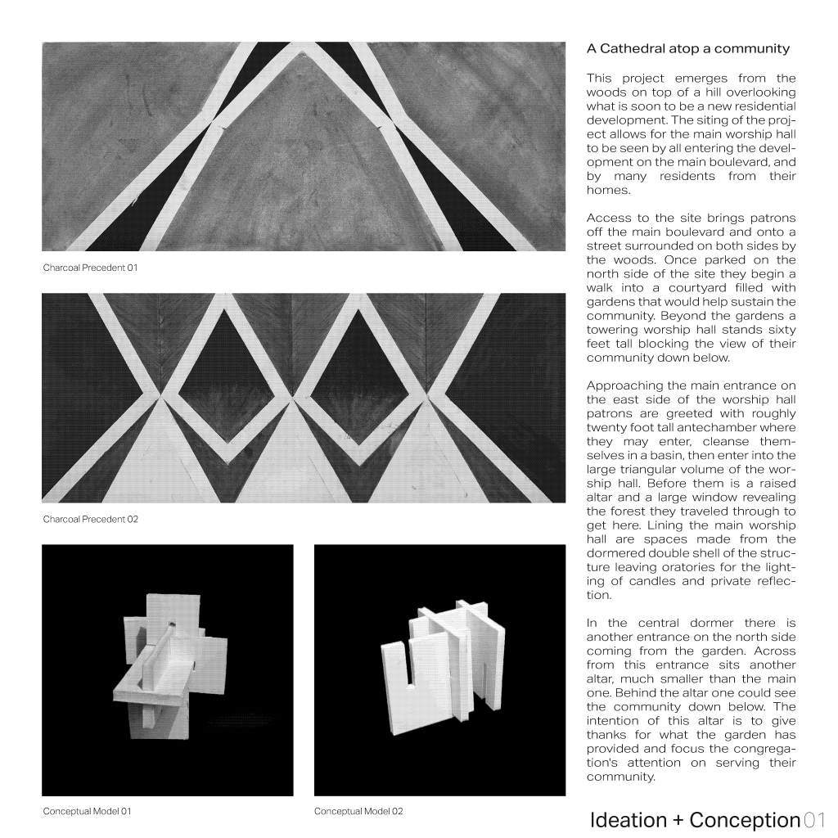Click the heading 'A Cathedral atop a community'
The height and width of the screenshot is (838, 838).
click(x=687, y=48)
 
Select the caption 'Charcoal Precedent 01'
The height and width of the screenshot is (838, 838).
click(x=90, y=268)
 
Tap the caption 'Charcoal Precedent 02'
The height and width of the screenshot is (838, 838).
click(x=90, y=519)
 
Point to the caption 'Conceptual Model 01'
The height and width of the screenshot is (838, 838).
click(x=87, y=811)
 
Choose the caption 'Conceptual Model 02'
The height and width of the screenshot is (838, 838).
click(x=358, y=811)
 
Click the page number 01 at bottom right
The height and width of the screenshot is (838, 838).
click(x=814, y=820)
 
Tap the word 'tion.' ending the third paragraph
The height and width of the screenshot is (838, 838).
click(x=599, y=595)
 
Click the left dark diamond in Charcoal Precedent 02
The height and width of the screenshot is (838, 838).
click(x=226, y=377)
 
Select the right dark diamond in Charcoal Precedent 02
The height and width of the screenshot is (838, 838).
click(x=357, y=377)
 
